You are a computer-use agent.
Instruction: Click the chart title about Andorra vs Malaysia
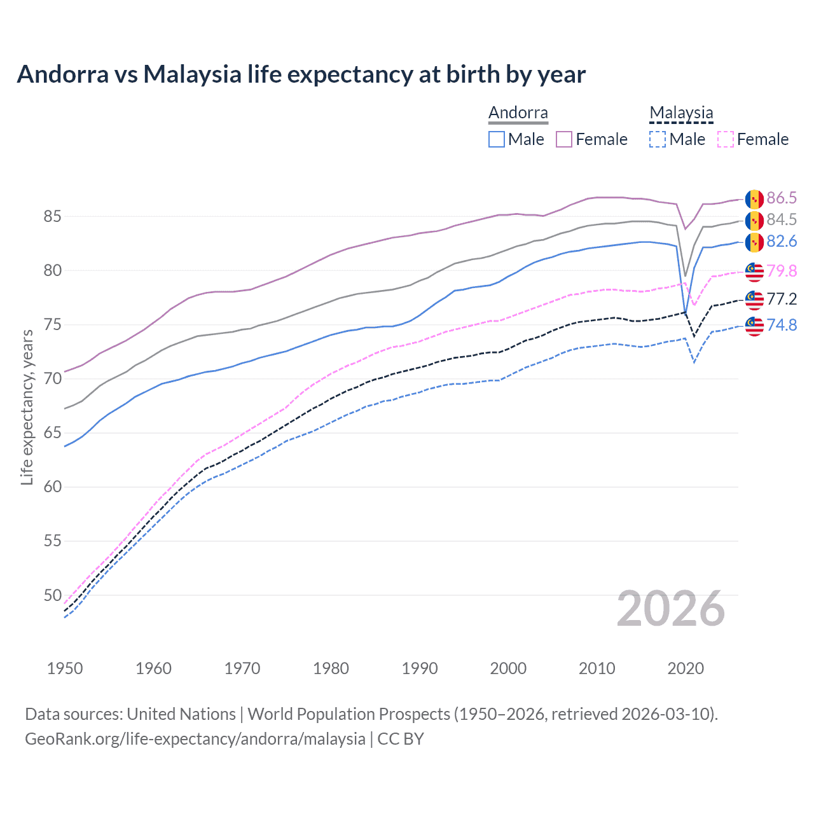click(x=301, y=74)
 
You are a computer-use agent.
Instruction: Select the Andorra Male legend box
click(x=497, y=139)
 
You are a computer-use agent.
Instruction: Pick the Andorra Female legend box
click(x=564, y=139)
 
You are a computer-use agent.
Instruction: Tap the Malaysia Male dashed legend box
click(x=658, y=139)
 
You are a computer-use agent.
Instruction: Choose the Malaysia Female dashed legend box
click(x=725, y=139)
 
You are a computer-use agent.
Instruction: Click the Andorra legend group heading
click(x=518, y=113)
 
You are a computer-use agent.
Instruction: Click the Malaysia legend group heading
click(x=681, y=113)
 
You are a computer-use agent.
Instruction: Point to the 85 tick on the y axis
click(x=52, y=217)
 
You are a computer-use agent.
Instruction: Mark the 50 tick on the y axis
click(x=52, y=596)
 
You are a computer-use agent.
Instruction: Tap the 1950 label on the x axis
click(x=65, y=668)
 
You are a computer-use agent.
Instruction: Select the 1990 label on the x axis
click(x=420, y=668)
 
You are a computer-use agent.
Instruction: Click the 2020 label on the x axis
click(x=686, y=668)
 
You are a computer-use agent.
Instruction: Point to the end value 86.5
click(x=782, y=198)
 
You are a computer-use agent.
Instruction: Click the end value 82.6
click(x=782, y=242)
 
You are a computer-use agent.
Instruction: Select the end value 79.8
click(x=782, y=271)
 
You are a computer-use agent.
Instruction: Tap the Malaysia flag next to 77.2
click(x=754, y=299)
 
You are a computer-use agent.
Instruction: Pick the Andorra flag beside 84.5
click(x=754, y=221)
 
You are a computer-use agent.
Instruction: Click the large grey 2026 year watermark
click(x=670, y=609)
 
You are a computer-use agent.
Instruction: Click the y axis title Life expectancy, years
click(x=27, y=407)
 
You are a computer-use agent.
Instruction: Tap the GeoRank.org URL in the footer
click(x=195, y=739)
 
